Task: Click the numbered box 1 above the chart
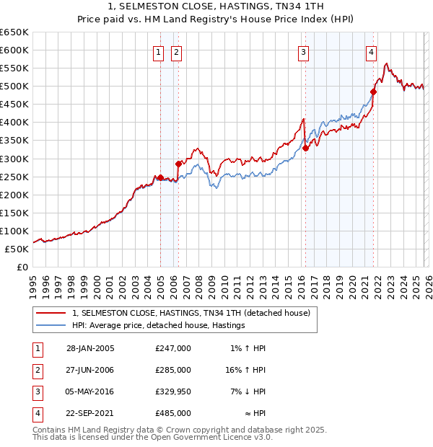pyautogui.click(x=158, y=51)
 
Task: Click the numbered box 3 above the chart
pyautogui.click(x=303, y=51)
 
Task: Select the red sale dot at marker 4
pyautogui.click(x=373, y=92)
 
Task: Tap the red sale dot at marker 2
pyautogui.click(x=178, y=164)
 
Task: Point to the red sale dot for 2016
pyautogui.click(x=305, y=148)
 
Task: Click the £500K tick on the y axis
pyautogui.click(x=14, y=87)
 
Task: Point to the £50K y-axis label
pyautogui.click(x=17, y=249)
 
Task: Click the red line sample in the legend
pyautogui.click(x=51, y=313)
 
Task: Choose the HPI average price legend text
pyautogui.click(x=159, y=325)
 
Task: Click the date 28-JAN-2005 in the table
pyautogui.click(x=90, y=348)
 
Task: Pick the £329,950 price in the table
pyautogui.click(x=173, y=391)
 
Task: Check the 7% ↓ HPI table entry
pyautogui.click(x=248, y=391)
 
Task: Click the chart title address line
pyautogui.click(x=216, y=6)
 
